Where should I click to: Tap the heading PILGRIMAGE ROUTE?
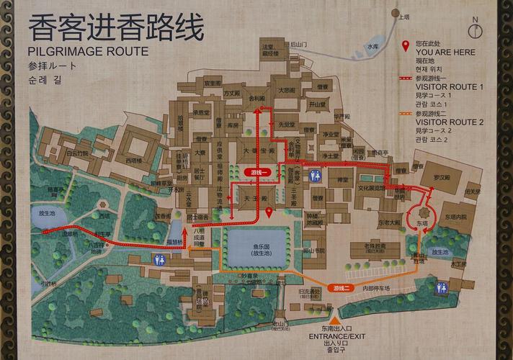[x=88, y=52]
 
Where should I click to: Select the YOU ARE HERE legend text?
[x=445, y=53]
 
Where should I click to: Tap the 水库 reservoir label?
[x=372, y=46]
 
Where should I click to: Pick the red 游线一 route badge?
[x=259, y=173]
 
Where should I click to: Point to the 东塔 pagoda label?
[x=421, y=224]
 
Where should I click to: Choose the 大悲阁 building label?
[x=286, y=91]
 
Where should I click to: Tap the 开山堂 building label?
[x=318, y=104]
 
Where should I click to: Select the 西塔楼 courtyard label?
[x=134, y=160]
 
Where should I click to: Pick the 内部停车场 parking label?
[x=376, y=289]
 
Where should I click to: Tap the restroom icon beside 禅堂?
[x=315, y=176]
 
